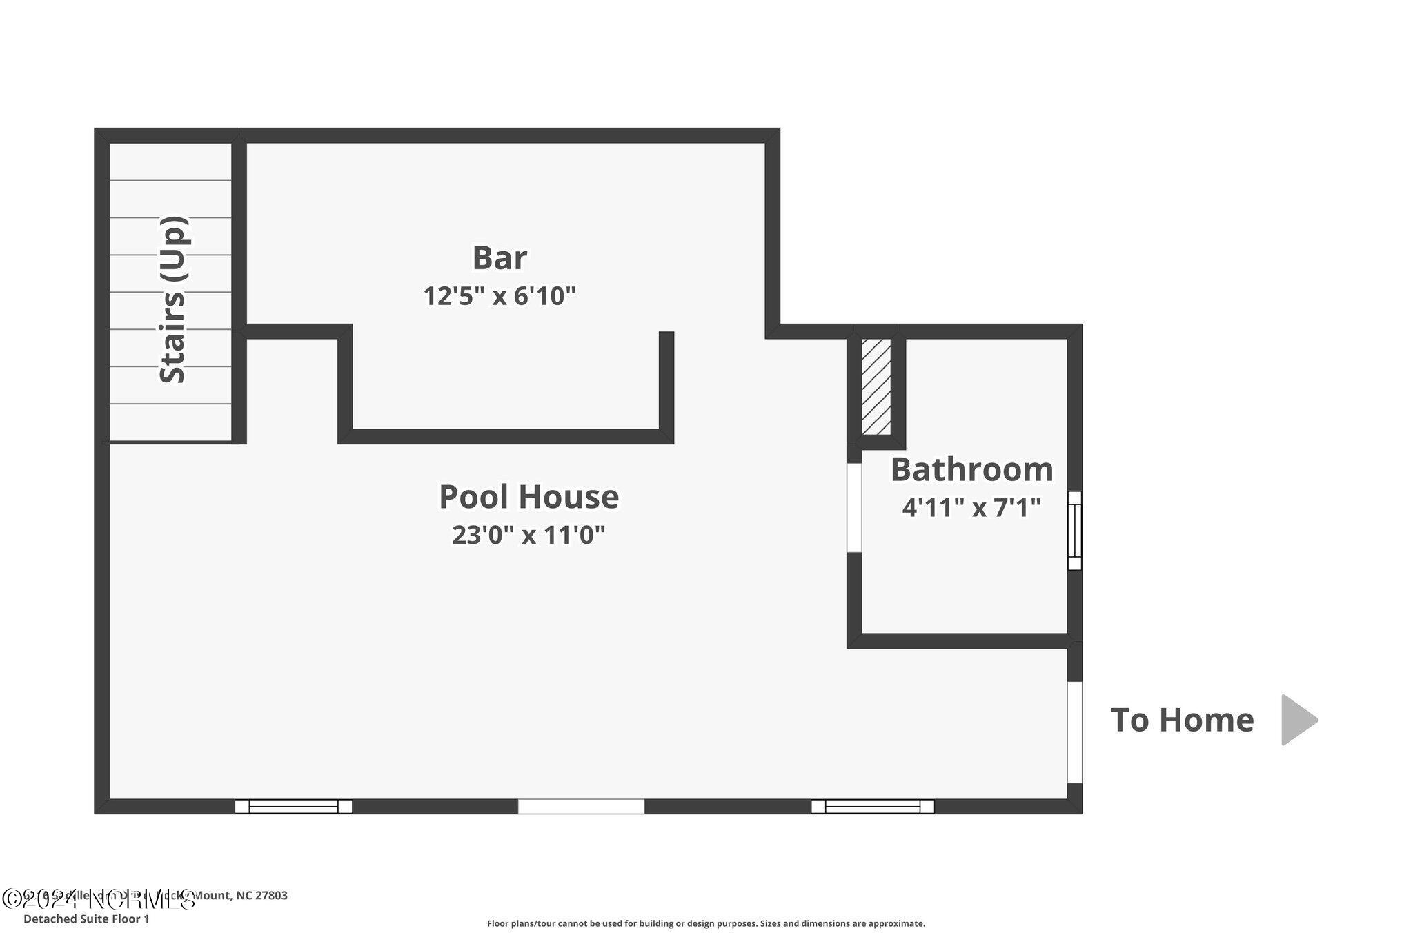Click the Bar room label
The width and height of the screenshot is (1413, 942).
pos(500,258)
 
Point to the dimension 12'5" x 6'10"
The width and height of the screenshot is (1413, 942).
pos(499,296)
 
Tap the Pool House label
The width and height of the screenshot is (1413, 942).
pos(528,497)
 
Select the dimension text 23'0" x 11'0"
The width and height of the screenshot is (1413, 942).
pos(528,535)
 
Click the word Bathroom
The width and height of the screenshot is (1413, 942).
pos(971,470)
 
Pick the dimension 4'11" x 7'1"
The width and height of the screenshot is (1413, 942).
pos(971,508)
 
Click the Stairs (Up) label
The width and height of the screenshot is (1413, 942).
pos(173,300)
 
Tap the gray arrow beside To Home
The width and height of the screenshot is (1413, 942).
pos(1298,720)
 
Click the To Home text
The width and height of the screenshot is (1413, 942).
pos(1182,720)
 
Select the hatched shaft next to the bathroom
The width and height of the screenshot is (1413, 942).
pos(876,386)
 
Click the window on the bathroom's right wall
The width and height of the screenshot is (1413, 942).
pos(1074,530)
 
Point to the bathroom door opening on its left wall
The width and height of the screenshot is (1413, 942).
pos(854,507)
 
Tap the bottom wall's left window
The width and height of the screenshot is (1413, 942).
pos(293,806)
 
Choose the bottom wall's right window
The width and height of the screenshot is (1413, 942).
pos(872,806)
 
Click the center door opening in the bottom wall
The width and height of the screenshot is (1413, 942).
pos(581,806)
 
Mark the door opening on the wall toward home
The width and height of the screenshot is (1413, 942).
pos(1075,732)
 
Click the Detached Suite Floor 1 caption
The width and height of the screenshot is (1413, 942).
pos(86,919)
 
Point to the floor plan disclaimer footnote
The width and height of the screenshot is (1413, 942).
pos(706,923)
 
